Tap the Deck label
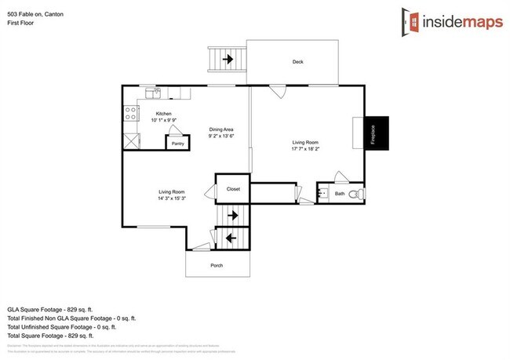[298, 62]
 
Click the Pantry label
[178, 144]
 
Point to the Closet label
[233, 189]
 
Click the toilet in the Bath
[355, 193]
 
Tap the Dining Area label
[222, 129]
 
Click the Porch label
[217, 265]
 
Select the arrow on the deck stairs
[229, 59]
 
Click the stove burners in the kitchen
[129, 115]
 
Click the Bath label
[340, 193]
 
